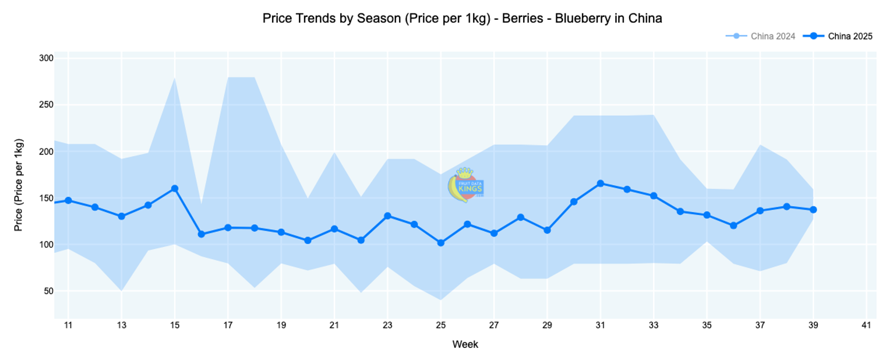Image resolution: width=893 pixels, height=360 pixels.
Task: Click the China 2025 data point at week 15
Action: (175, 189)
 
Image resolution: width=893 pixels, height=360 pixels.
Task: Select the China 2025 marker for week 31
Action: (601, 183)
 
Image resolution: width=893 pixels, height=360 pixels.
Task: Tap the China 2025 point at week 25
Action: (441, 243)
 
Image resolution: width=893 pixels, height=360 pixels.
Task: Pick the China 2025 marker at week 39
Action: (813, 210)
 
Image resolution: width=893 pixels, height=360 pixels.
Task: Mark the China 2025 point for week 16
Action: (201, 234)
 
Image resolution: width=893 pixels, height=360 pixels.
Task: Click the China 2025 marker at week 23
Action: (387, 216)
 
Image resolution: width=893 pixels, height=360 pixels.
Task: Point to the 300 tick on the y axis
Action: (47, 58)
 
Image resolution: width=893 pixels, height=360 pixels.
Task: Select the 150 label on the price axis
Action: (47, 198)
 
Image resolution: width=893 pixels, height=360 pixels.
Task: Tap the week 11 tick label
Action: (68, 325)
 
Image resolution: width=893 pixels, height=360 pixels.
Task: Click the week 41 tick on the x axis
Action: (866, 325)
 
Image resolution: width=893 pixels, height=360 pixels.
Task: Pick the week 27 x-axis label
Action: (494, 325)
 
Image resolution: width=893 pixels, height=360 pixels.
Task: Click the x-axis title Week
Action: (465, 344)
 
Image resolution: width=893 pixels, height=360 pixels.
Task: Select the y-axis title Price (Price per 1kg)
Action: (19, 185)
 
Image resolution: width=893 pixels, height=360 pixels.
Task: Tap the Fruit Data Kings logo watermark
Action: (465, 185)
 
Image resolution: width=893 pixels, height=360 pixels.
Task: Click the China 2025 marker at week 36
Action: (733, 225)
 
